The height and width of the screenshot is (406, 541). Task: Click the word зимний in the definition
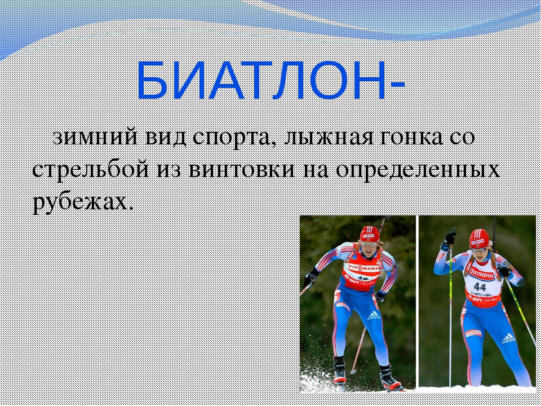coord(96,138)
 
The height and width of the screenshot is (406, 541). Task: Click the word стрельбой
coord(90,170)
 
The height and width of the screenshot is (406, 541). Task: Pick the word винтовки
coord(242,170)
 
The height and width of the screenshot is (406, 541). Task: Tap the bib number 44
coord(480,287)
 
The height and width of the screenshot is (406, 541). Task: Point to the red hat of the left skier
coord(370,234)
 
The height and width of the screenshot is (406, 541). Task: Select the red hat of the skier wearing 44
coord(479,238)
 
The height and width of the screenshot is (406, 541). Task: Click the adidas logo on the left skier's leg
coord(374,316)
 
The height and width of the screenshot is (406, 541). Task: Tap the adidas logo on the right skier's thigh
coord(508,338)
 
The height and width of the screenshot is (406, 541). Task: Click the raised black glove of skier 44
coord(450,237)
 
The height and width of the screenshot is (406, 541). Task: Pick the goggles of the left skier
coord(369,244)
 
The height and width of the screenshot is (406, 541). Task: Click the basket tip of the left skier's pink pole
coord(353,372)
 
